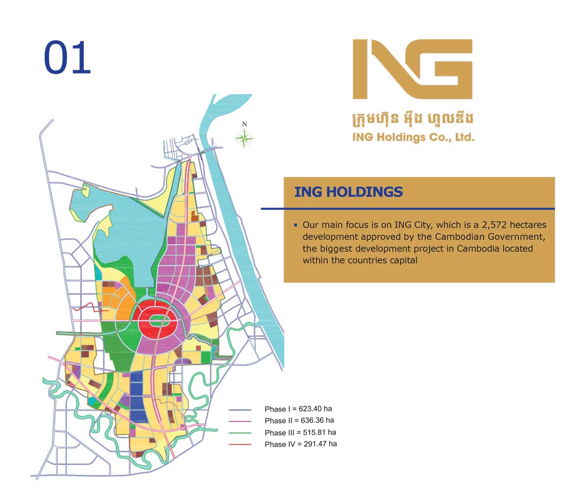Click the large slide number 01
68,58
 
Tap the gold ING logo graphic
413,69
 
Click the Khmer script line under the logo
413,119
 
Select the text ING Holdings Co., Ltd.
413,137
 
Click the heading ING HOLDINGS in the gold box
348,192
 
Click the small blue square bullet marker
295,225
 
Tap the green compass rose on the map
244,138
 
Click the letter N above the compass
244,124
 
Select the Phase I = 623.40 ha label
298,409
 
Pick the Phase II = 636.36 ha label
299,420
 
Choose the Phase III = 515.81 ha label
300,432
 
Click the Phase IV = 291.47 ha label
300,444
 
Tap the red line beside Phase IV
240,444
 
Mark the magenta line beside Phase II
240,421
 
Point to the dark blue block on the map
139,397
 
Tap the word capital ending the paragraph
403,260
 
